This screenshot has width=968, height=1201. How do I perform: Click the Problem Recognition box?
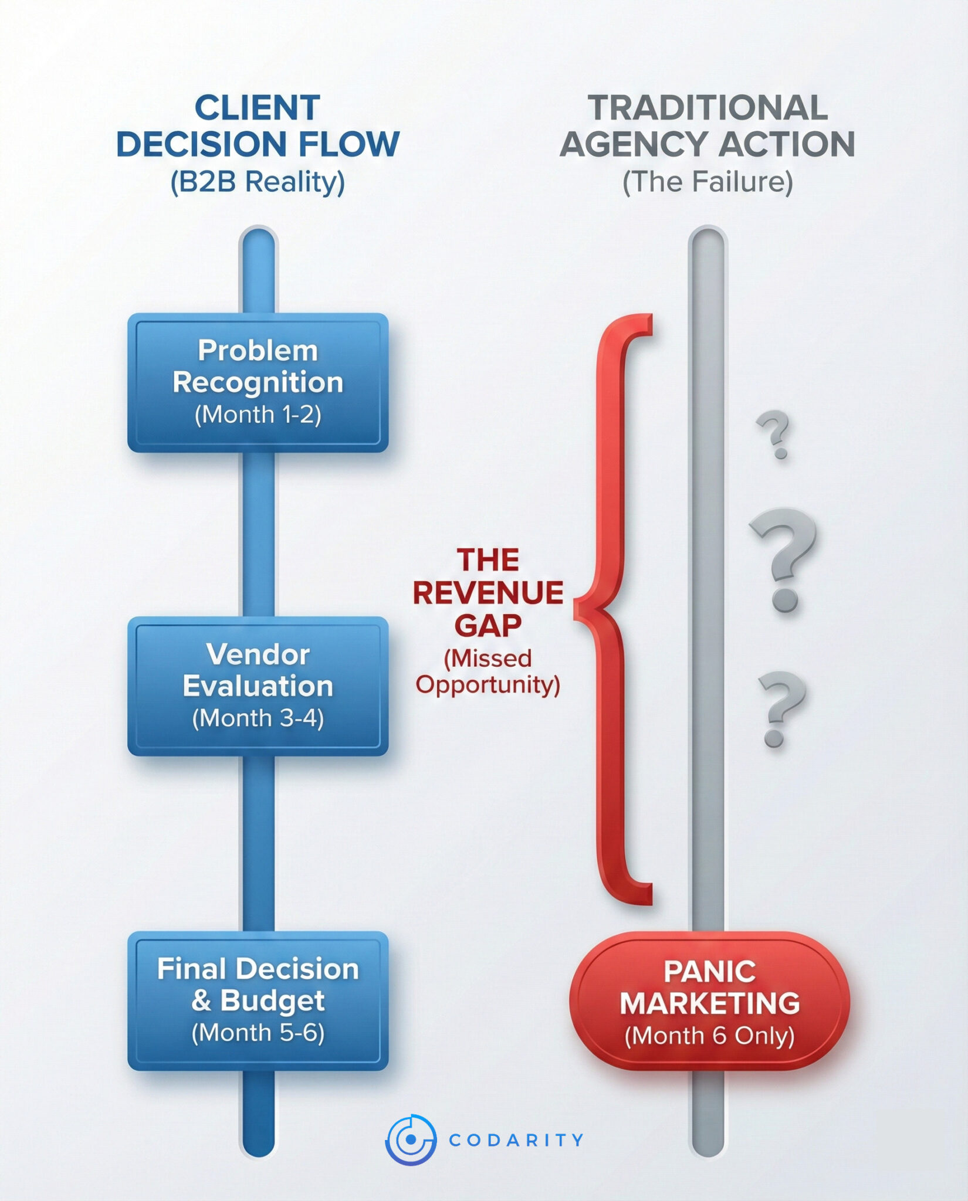coord(258,382)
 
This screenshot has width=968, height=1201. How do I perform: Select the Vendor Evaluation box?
coord(258,686)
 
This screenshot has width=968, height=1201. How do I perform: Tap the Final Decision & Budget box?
coord(258,1000)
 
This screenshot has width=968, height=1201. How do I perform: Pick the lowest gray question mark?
coord(779,708)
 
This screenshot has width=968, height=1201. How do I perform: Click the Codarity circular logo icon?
coord(411,1139)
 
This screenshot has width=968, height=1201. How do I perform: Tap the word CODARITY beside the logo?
coord(516,1140)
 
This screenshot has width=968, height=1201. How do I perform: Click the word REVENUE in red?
coord(488,593)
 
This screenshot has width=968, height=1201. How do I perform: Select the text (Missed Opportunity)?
coord(488,671)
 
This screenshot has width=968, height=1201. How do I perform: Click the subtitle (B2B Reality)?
coord(258,182)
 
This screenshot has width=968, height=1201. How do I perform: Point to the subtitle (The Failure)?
coord(708,182)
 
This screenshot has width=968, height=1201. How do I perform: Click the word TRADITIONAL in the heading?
coord(708,108)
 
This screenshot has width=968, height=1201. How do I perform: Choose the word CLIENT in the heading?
coord(258,108)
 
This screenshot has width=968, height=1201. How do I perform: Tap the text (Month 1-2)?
coord(258,415)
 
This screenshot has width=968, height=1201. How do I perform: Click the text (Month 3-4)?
coord(258,718)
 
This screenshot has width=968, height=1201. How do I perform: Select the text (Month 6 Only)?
coord(709,1036)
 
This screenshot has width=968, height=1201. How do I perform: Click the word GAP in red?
coord(488,625)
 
